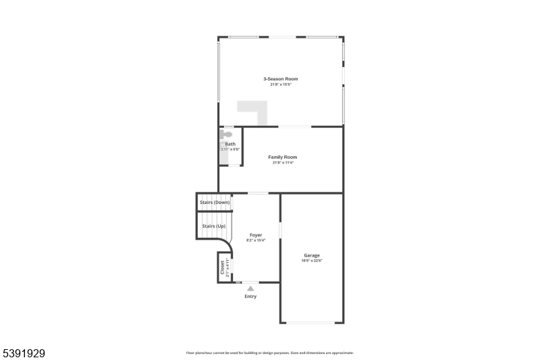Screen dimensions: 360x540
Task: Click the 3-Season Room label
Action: [280, 78]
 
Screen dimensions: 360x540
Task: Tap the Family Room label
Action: [282, 157]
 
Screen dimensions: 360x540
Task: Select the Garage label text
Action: [311, 255]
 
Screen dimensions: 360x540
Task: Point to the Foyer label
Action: [256, 234]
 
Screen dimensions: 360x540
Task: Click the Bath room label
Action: [230, 144]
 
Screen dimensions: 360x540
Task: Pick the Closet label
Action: [223, 268]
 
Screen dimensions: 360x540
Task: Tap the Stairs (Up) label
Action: [214, 226]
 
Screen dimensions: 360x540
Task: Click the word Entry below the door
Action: [250, 296]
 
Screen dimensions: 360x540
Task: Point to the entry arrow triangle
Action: [250, 288]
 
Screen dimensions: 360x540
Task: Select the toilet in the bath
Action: [226, 134]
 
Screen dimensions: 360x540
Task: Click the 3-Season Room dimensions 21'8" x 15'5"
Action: [280, 84]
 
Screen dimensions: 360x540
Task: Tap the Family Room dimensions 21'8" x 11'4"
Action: [282, 163]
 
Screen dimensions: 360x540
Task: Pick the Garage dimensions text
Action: [311, 261]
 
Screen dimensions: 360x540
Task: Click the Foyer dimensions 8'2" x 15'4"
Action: [256, 240]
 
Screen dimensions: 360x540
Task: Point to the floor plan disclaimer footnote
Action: [270, 353]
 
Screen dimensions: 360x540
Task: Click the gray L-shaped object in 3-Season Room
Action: [254, 111]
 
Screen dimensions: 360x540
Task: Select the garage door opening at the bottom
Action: [311, 322]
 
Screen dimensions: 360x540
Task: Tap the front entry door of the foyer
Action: [250, 282]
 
